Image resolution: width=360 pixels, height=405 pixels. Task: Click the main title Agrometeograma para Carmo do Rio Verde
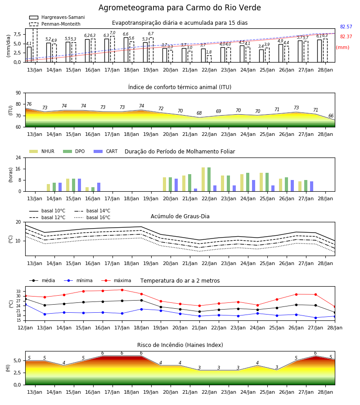[180, 8]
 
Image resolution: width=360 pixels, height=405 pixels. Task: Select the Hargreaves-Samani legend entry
[57, 17]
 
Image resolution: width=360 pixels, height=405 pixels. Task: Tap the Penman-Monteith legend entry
[55, 24]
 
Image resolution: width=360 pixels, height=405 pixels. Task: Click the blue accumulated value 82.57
[346, 27]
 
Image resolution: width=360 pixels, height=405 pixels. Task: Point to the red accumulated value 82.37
[346, 37]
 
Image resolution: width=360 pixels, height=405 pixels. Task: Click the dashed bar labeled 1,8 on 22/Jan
[209, 59]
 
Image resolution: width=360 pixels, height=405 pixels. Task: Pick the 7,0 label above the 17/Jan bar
[112, 33]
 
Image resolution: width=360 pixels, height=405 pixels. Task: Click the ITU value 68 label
[199, 113]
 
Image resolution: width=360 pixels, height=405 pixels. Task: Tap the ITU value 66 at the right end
[331, 116]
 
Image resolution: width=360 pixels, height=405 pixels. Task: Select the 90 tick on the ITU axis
[18, 93]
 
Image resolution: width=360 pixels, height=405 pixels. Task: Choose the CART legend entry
[106, 151]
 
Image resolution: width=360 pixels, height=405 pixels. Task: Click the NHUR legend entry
[42, 151]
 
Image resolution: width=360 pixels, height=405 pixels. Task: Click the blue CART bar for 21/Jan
[195, 190]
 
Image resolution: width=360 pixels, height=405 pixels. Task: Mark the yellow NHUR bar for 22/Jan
[203, 180]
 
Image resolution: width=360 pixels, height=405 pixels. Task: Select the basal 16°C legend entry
[92, 217]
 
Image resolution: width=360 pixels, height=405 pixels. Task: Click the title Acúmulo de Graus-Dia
[180, 216]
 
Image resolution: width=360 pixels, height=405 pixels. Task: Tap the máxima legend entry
[117, 280]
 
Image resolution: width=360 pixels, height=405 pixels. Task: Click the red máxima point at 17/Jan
[122, 290]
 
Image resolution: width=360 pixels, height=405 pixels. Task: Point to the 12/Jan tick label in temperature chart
[25, 328]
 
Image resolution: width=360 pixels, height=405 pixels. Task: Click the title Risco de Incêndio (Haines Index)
[180, 345]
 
